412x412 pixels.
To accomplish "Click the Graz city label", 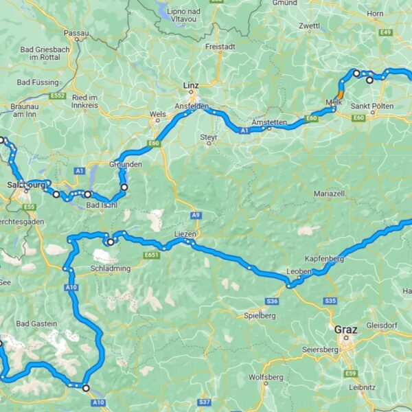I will pos(346,329).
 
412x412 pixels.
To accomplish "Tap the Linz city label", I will pos(190,85).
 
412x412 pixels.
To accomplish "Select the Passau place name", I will pos(76,32).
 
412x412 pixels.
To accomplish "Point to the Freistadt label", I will pos(220,47).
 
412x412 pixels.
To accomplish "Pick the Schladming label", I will pos(110,268).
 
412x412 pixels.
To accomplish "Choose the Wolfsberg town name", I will pos(266,377).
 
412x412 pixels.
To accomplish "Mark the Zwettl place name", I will pos(310,26).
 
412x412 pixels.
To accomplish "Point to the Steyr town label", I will pos(209,137).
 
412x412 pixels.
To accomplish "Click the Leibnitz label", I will pos(361,387).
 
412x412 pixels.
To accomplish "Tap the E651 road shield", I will pos(152,255).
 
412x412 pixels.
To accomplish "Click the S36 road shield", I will pos(273,301).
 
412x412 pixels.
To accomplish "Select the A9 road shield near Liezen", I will pos(196,215).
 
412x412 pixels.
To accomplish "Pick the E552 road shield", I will pos(57,95).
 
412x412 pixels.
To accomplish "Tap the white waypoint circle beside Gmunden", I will pos(124,186).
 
